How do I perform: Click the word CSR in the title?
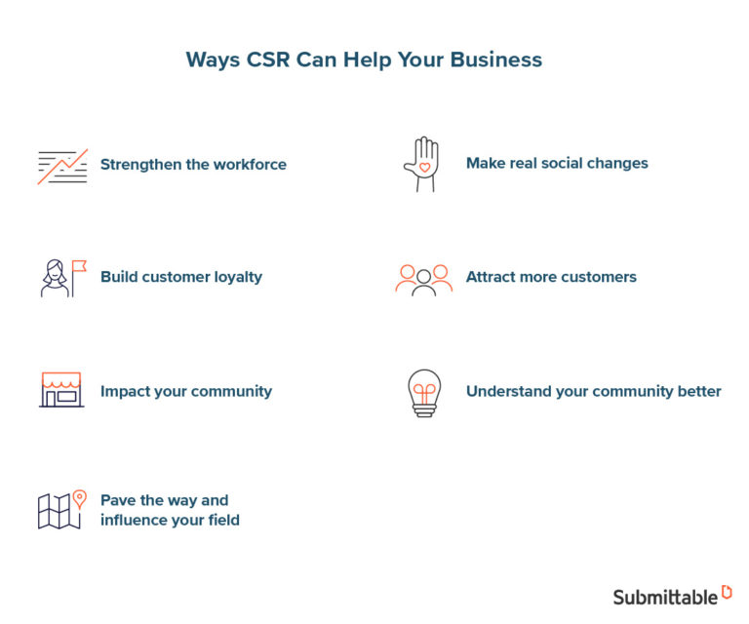[263, 59]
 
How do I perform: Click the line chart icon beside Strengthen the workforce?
[62, 166]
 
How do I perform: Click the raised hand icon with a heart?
[422, 164]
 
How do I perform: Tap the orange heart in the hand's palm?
[424, 167]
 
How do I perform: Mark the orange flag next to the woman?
[79, 265]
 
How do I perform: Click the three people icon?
[424, 279]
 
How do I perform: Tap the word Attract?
[493, 277]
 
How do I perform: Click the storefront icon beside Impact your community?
[61, 389]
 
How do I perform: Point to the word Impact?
[125, 392]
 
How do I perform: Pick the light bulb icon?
[424, 393]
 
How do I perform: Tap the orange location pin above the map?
[80, 498]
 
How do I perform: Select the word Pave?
[119, 500]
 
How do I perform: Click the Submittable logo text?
[665, 597]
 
